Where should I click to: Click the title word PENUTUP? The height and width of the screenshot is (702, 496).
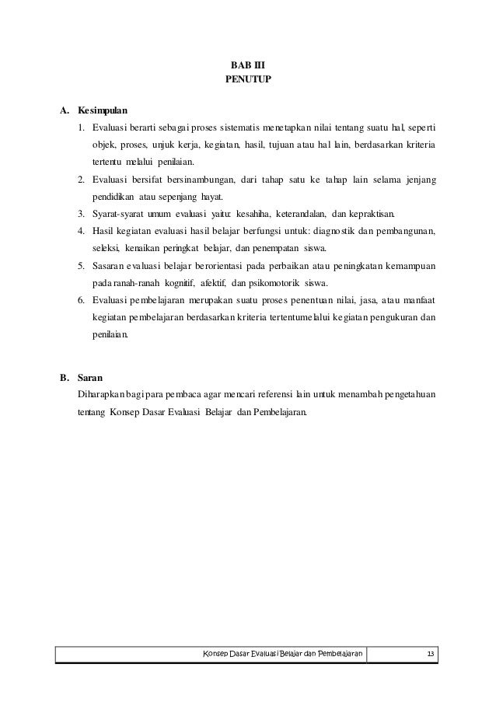pyautogui.click(x=248, y=80)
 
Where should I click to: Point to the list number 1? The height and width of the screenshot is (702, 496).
pyautogui.click(x=81, y=127)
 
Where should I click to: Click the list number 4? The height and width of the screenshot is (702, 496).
pyautogui.click(x=81, y=231)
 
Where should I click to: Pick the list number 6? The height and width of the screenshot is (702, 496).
pyautogui.click(x=81, y=300)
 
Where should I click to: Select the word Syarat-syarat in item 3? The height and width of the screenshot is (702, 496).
pyautogui.click(x=116, y=214)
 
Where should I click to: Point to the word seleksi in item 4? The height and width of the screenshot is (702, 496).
pyautogui.click(x=107, y=248)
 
